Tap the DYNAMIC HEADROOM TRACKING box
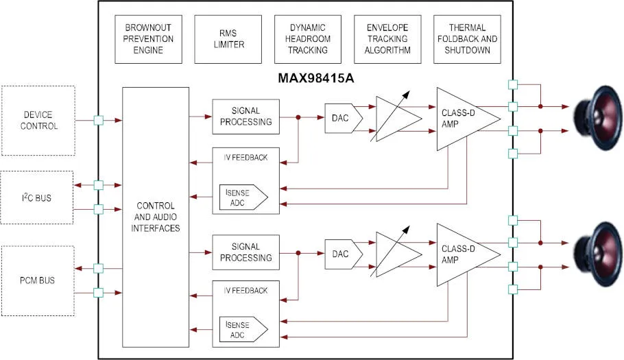308,39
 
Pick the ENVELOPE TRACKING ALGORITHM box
387,39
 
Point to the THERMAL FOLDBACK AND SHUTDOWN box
467,39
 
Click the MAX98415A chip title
316,77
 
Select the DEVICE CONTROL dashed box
39,121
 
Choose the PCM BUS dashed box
37,280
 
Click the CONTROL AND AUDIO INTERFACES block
156,217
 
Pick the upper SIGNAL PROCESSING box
246,117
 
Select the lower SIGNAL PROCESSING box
246,252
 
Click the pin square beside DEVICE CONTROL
98,121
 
